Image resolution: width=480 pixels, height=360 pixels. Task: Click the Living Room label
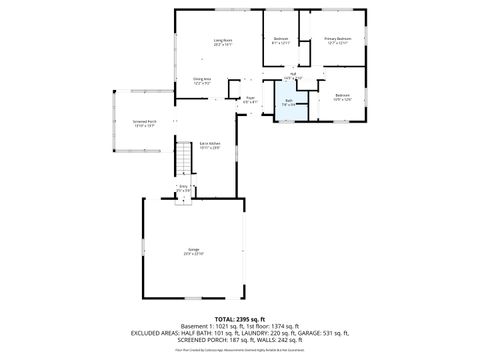click(x=222, y=41)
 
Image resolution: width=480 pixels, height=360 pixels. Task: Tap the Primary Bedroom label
click(x=337, y=41)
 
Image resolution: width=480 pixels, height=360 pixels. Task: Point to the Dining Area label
click(x=202, y=81)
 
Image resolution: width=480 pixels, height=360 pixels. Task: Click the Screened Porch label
click(x=144, y=123)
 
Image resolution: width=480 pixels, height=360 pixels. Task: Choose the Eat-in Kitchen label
click(x=209, y=146)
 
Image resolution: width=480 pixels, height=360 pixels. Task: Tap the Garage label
click(x=193, y=251)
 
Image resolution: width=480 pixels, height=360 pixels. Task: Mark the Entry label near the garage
click(x=183, y=187)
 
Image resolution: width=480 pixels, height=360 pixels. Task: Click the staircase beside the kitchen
click(x=183, y=159)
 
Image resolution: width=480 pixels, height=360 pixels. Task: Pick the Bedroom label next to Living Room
click(x=281, y=41)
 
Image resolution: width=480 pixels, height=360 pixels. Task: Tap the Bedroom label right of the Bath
click(x=343, y=97)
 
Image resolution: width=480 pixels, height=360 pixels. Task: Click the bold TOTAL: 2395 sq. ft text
click(x=240, y=318)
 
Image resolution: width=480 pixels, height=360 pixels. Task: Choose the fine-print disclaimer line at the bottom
click(x=240, y=350)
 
